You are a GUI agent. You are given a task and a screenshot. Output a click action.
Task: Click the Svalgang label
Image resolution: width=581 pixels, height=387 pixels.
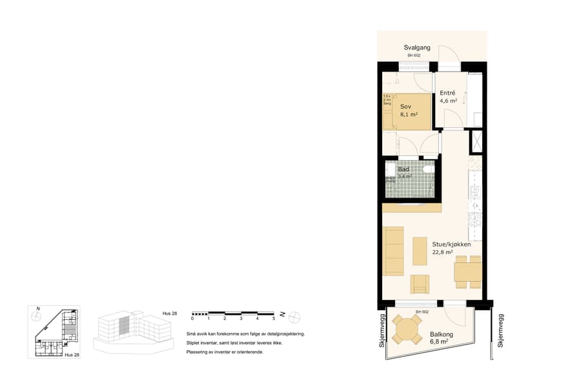click(x=418, y=48)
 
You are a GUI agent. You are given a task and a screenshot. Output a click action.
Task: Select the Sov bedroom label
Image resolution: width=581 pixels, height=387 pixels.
click(x=405, y=106)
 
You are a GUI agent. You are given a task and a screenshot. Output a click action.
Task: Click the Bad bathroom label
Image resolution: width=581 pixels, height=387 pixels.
click(x=403, y=169)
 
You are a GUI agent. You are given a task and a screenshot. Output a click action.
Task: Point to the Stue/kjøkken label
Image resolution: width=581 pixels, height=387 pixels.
click(x=451, y=244)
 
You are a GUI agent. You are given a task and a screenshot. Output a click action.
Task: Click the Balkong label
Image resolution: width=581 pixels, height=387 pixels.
click(x=441, y=334)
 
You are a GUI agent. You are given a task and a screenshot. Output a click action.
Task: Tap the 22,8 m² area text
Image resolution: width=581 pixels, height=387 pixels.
click(x=442, y=253)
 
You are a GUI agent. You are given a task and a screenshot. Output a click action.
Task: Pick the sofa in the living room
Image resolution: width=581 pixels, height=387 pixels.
click(x=393, y=250)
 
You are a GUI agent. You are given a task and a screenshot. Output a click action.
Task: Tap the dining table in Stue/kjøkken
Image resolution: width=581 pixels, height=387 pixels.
click(x=467, y=272)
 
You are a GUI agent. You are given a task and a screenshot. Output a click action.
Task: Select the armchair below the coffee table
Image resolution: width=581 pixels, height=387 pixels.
click(x=420, y=284)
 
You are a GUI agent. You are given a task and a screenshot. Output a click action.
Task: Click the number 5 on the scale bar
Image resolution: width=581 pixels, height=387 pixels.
click(x=274, y=319)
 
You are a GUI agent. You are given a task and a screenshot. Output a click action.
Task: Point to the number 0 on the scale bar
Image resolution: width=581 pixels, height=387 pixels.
click(x=192, y=319)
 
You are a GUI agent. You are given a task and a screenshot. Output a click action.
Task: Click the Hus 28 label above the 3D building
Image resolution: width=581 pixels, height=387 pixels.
click(x=170, y=313)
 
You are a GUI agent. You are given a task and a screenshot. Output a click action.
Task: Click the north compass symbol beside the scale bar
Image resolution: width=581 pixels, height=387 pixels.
click(x=294, y=315)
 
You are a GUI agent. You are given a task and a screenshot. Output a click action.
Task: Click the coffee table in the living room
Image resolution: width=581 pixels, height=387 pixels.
click(x=420, y=252)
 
